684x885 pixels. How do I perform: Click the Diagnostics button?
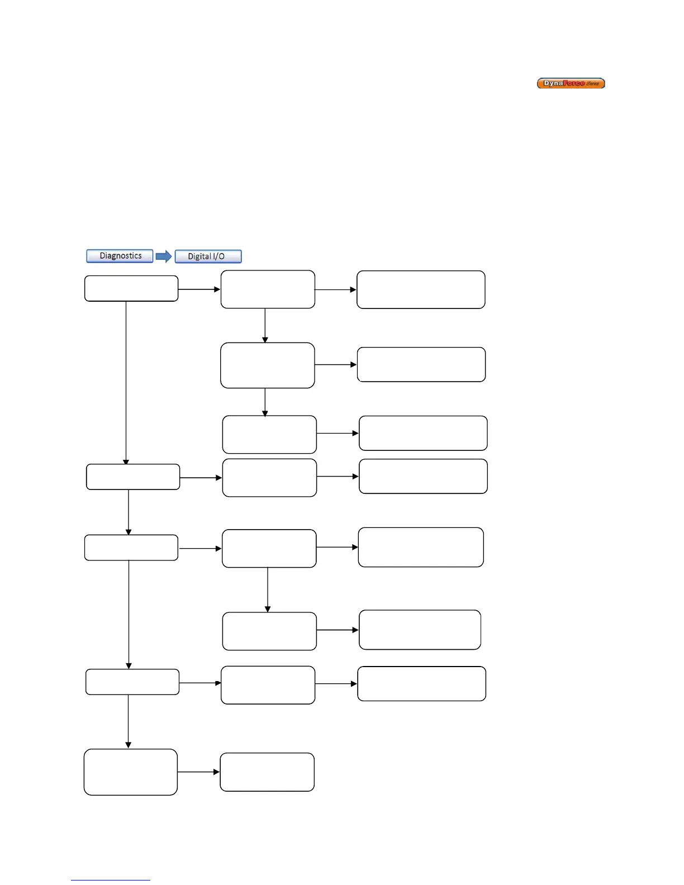click(120, 256)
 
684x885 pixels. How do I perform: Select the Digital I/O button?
click(208, 256)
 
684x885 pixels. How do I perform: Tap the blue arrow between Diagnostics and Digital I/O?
click(164, 256)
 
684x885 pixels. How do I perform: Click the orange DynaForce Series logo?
click(571, 84)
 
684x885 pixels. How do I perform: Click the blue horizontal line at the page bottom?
click(110, 880)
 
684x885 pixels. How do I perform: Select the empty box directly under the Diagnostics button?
click(131, 288)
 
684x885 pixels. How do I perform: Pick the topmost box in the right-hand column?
click(421, 289)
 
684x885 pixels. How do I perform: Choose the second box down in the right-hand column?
click(421, 364)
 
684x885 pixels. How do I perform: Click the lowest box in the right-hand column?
click(421, 683)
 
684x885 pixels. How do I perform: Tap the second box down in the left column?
click(133, 477)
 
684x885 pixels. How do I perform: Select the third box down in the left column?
click(131, 548)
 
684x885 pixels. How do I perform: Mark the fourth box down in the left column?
click(132, 682)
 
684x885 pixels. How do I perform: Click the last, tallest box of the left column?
click(131, 772)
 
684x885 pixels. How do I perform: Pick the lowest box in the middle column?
click(267, 772)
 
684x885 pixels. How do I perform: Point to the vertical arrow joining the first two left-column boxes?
click(126, 383)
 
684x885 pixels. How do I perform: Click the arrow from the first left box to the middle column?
click(199, 289)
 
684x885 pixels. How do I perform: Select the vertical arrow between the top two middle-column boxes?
click(265, 325)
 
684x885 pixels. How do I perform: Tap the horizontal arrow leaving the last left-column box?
click(199, 772)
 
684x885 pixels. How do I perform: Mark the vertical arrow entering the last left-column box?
click(129, 721)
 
